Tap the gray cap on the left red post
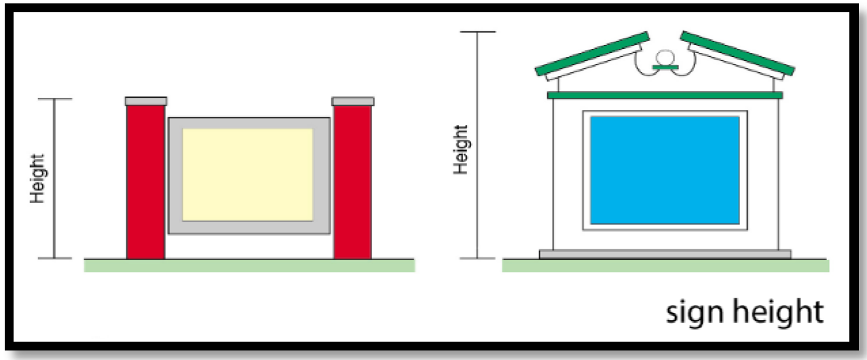click(146, 101)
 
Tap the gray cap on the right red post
click(352, 101)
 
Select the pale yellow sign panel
click(248, 175)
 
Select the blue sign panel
click(665, 170)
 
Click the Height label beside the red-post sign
click(37, 178)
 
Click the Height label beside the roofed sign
click(461, 149)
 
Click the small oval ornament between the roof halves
click(665, 57)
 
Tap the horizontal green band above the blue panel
click(665, 95)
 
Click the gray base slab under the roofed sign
click(665, 254)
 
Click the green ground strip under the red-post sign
click(249, 266)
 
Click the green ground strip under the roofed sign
click(665, 266)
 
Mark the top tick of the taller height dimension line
click(478, 32)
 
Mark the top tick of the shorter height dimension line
click(54, 99)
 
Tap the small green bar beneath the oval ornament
click(665, 67)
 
